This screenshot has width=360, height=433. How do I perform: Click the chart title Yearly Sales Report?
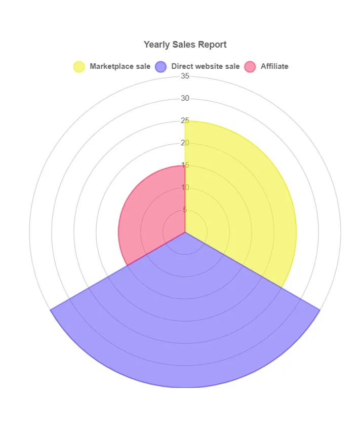185,45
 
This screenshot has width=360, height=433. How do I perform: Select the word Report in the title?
214,45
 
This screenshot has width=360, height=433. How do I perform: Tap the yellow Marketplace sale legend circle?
79,66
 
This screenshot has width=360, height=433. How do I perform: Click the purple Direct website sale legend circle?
161,66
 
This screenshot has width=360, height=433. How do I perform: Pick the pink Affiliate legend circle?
250,66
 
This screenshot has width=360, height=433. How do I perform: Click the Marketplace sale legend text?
120,66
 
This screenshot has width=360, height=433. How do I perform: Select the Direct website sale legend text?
206,66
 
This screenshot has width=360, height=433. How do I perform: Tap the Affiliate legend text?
274,66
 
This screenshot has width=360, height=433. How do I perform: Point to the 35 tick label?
185,76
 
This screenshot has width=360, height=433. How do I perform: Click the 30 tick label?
185,98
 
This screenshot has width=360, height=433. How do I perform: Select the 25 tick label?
185,121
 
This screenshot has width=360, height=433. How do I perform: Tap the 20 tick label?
185,143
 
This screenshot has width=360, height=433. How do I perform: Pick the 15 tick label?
185,165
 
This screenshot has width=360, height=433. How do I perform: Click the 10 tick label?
185,187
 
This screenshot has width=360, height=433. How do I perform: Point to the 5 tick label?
185,210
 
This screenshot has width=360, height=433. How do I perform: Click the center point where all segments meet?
185,232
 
